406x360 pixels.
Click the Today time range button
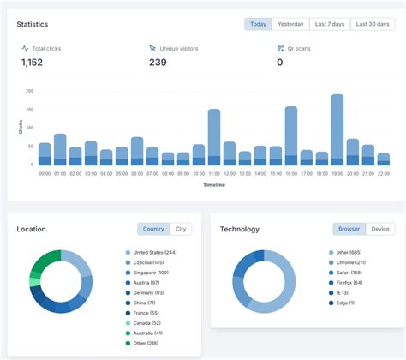258,24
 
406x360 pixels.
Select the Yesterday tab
290,24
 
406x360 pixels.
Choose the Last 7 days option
329,24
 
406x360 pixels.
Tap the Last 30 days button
372,24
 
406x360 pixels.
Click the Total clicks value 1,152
32,63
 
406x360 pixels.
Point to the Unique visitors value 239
158,63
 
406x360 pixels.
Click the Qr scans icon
280,49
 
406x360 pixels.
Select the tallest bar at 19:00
337,129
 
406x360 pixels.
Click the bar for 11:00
214,136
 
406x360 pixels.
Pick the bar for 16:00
291,135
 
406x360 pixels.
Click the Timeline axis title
214,184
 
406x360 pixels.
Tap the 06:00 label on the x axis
137,173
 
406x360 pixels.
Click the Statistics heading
33,25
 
